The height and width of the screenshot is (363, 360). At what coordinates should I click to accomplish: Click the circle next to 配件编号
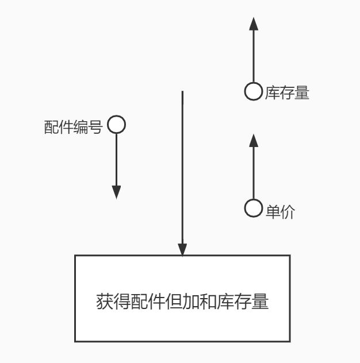pyautogui.click(x=116, y=125)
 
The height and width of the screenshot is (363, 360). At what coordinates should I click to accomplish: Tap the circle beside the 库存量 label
pyautogui.click(x=253, y=91)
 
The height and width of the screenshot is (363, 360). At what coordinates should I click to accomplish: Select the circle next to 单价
pyautogui.click(x=253, y=208)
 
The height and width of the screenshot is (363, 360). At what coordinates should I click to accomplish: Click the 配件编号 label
pyautogui.click(x=73, y=127)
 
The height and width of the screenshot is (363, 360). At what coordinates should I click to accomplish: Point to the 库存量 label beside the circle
pyautogui.click(x=287, y=93)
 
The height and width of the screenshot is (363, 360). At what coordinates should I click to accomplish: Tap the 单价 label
pyautogui.click(x=280, y=211)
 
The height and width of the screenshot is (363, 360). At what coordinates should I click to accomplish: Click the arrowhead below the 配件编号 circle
pyautogui.click(x=116, y=192)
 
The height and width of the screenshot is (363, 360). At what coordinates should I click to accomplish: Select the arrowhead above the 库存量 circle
pyautogui.click(x=253, y=24)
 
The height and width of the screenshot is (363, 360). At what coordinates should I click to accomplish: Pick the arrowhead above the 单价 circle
pyautogui.click(x=253, y=141)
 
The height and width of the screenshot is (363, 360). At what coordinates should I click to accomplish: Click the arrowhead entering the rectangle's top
pyautogui.click(x=182, y=250)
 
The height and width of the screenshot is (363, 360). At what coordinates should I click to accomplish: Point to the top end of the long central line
pyautogui.click(x=182, y=91)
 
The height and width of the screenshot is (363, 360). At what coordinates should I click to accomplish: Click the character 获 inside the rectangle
pyautogui.click(x=104, y=302)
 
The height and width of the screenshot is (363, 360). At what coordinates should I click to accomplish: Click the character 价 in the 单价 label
pyautogui.click(x=288, y=211)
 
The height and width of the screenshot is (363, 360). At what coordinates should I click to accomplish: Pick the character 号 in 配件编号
pyautogui.click(x=95, y=127)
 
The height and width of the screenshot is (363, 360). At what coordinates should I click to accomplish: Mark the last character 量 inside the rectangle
pyautogui.click(x=261, y=302)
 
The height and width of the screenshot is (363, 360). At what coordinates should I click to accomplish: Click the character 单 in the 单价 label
pyautogui.click(x=273, y=211)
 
